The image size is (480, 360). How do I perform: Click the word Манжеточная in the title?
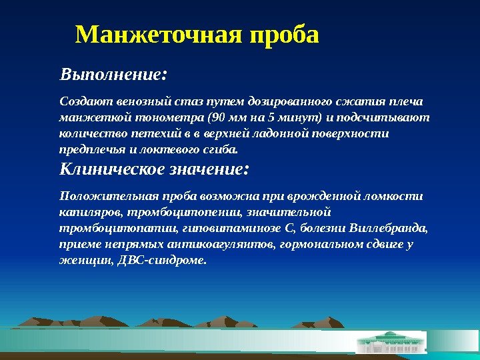[x=159, y=35]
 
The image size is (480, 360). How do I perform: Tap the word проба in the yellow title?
[x=283, y=35]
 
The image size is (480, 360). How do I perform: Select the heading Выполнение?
[x=113, y=72]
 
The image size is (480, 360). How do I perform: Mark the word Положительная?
[x=101, y=196]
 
